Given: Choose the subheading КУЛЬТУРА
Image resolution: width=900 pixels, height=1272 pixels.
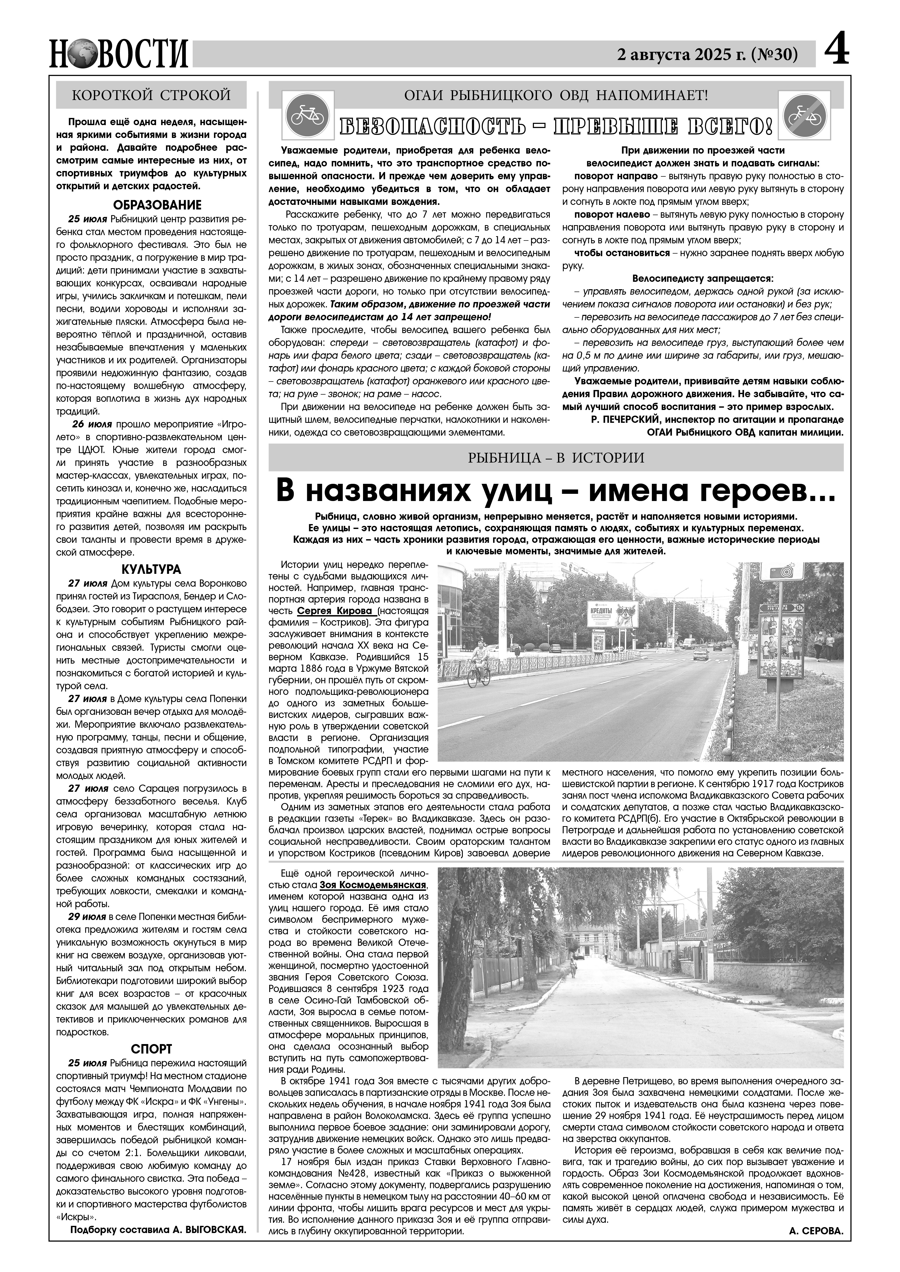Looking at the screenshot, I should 151,569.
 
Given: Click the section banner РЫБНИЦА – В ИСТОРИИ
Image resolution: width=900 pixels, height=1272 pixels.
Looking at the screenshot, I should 556,458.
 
